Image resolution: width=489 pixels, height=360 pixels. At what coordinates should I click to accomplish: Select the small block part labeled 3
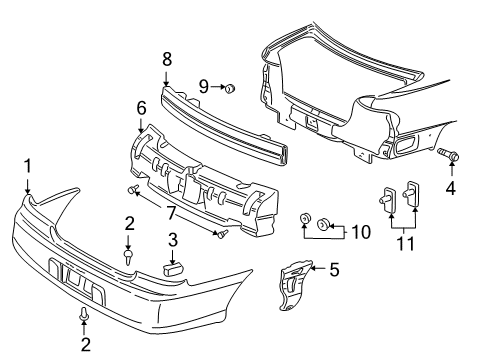173,266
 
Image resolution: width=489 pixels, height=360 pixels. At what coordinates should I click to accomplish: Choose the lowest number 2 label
83,345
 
